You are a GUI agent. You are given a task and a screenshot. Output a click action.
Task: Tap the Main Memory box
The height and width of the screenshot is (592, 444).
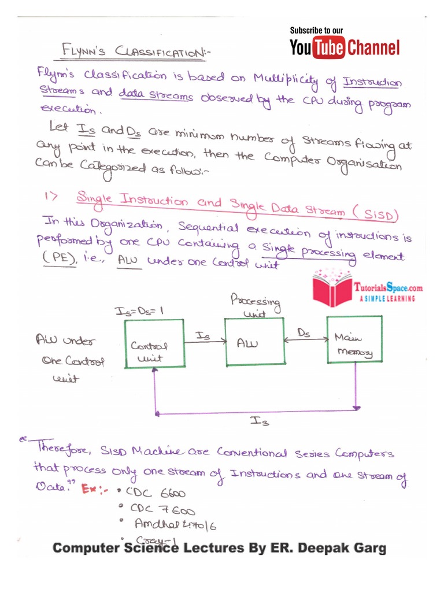[354, 340]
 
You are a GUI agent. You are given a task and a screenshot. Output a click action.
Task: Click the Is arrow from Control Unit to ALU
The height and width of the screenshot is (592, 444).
[203, 341]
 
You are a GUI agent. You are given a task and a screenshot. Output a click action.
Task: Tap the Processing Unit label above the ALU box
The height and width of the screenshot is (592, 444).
[255, 306]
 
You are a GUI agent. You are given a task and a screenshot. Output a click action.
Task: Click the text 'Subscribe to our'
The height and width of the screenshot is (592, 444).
[316, 30]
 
